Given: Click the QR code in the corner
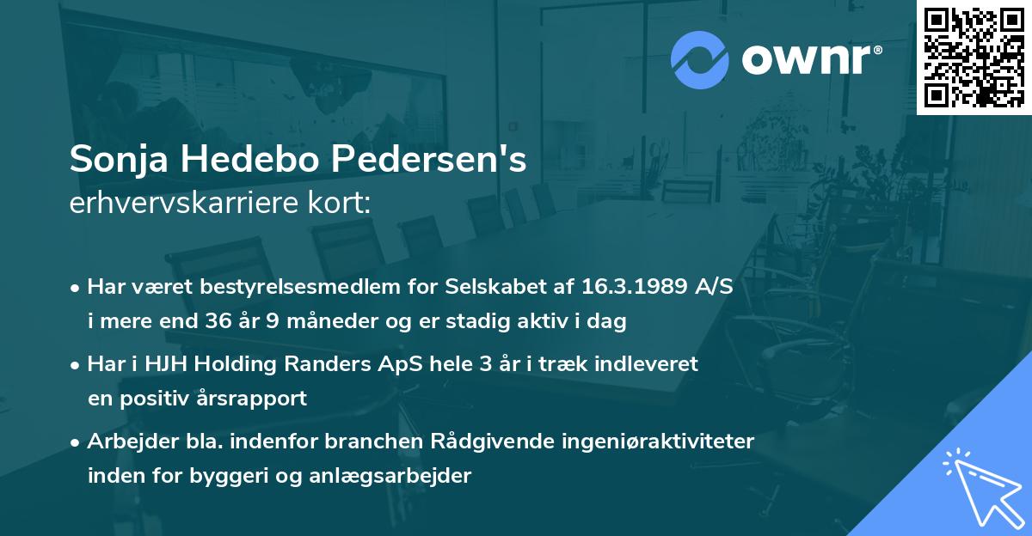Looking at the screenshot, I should (974, 58).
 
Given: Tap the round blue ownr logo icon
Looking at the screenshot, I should (700, 58).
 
